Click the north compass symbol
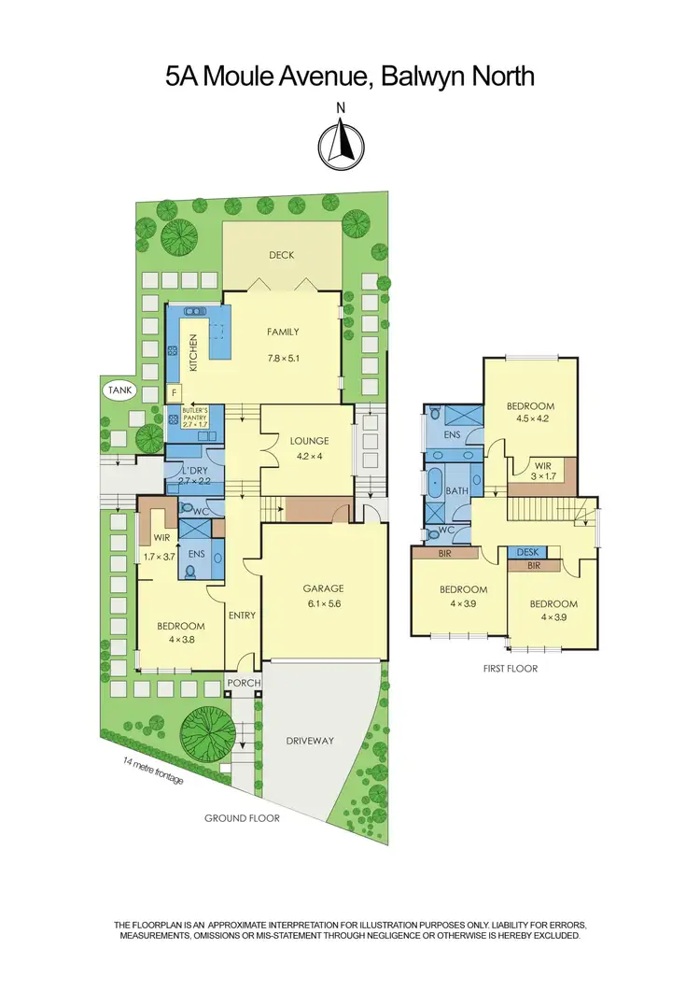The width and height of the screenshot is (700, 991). tap(341, 143)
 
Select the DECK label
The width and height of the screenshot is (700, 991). tap(281, 254)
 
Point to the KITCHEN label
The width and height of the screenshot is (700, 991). tap(194, 353)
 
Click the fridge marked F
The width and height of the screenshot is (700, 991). tap(174, 392)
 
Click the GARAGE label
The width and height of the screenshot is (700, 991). tap(323, 588)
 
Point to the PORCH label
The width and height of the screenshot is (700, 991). tap(244, 684)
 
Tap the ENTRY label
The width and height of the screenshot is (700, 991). tap(242, 615)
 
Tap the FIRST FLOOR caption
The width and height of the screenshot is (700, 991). tap(510, 669)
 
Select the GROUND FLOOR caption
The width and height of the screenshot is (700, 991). tap(242, 818)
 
